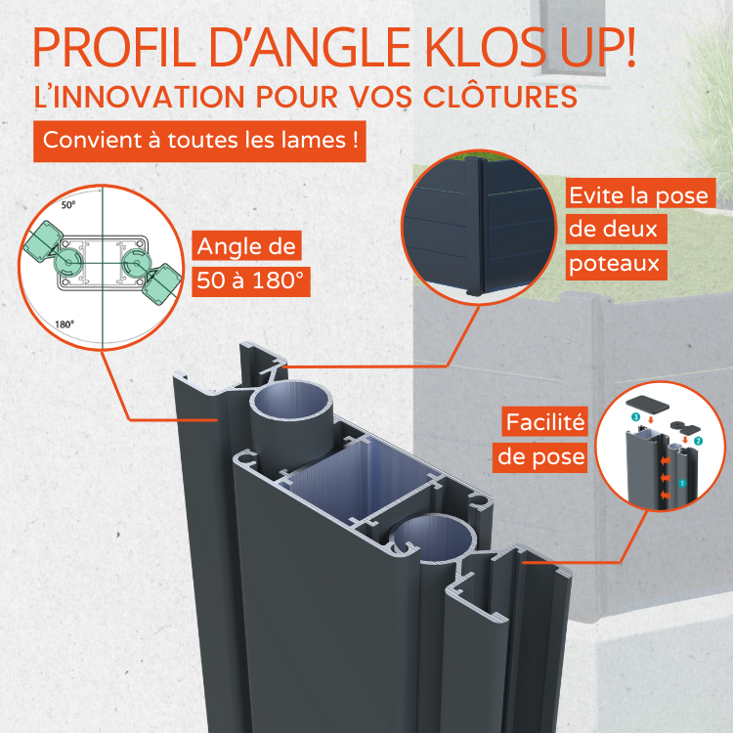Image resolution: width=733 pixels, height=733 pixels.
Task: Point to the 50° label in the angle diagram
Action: [x=67, y=206]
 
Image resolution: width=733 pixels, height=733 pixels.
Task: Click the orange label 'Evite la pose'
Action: [x=638, y=194]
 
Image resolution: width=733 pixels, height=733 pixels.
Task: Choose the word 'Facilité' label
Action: [x=545, y=423]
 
